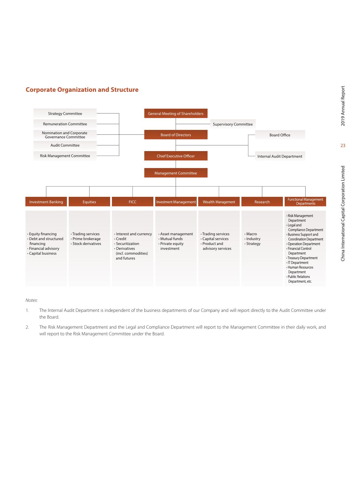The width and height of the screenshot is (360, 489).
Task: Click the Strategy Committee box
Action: coord(65,114)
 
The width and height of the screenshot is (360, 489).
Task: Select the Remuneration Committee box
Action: coord(65,124)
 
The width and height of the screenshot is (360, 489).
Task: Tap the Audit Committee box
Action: coord(65,145)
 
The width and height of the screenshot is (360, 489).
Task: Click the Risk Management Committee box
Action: coord(65,156)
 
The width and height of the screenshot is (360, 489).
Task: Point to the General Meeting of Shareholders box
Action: coord(176,114)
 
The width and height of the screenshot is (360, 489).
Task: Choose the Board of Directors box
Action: coord(176,135)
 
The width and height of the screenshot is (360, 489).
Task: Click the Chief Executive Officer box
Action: coord(176,156)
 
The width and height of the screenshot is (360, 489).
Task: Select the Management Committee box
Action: coord(176,173)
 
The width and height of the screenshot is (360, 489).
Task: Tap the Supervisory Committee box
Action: coord(233,124)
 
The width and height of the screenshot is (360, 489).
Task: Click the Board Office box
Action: coord(280,135)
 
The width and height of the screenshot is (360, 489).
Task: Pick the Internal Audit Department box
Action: coord(280,156)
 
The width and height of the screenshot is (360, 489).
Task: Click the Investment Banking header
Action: coord(46,202)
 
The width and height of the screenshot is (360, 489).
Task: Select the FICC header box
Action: coord(133,202)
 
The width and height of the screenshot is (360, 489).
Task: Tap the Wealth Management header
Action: coord(219,202)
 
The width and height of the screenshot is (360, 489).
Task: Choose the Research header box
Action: coord(262,202)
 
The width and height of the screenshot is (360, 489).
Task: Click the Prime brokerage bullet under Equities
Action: coord(87,239)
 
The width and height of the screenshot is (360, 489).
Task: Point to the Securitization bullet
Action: coord(127,244)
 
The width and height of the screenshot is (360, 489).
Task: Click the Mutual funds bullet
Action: coord(171,239)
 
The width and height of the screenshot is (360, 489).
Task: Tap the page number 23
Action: coord(343,146)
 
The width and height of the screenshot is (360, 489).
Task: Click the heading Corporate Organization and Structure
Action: coord(82,90)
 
